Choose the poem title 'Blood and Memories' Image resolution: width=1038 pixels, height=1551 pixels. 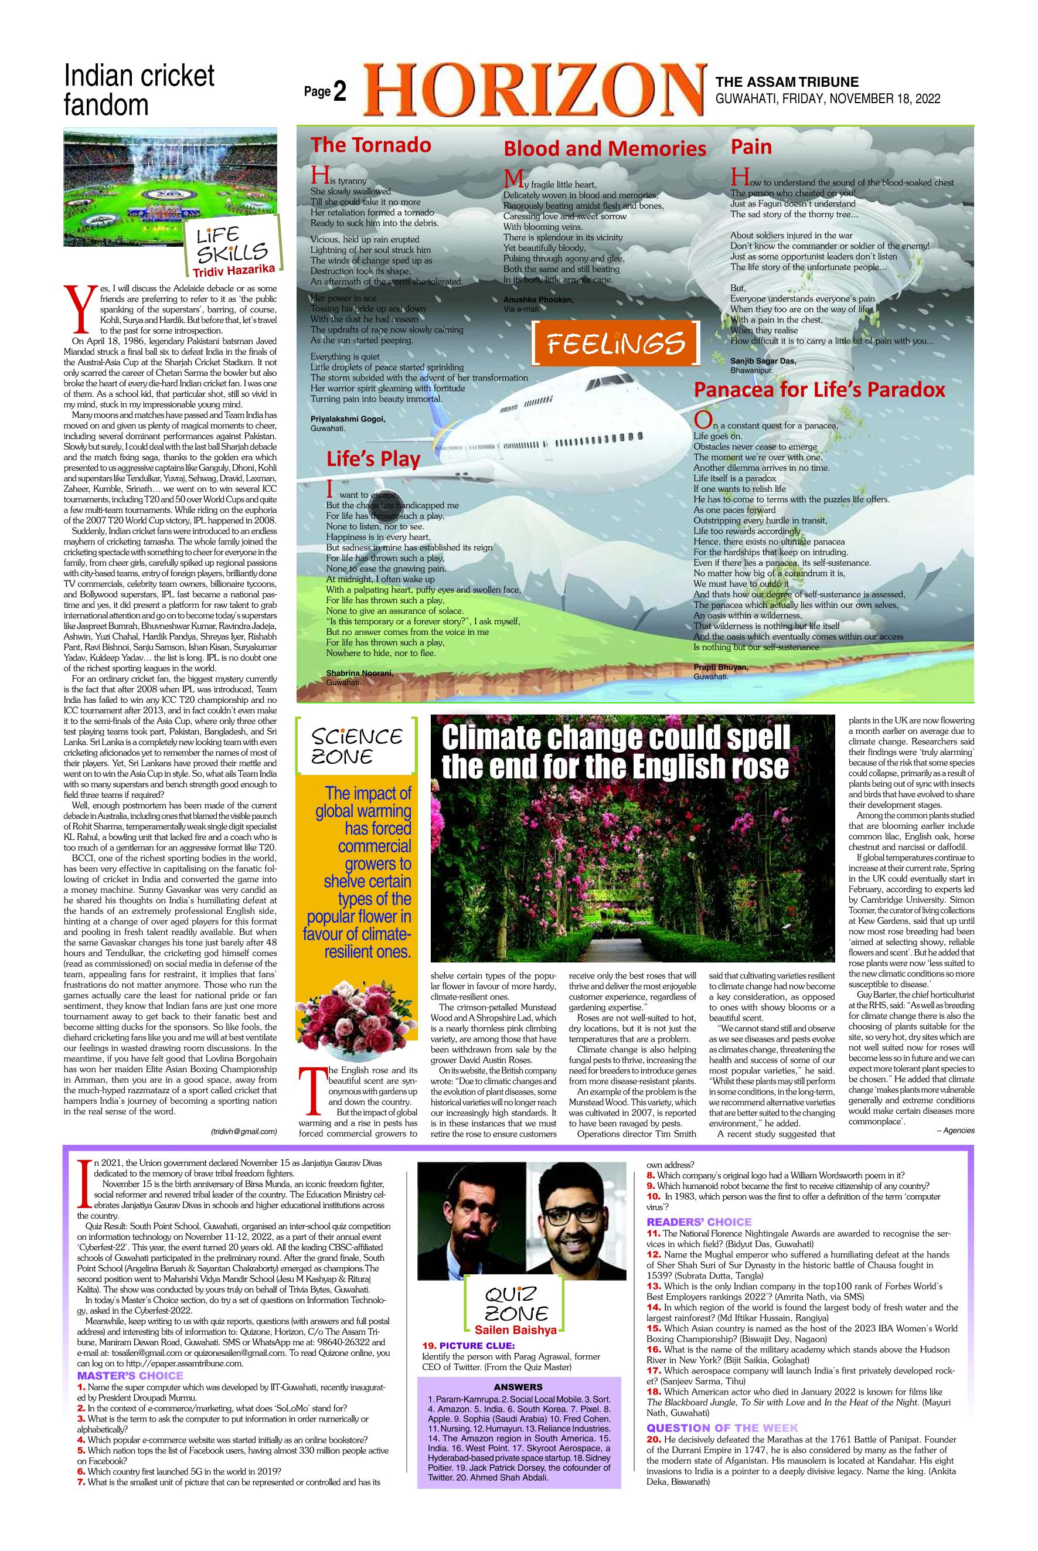coord(604,148)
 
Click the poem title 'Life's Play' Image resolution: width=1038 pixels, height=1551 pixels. coord(373,459)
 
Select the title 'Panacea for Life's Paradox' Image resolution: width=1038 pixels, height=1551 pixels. coord(819,390)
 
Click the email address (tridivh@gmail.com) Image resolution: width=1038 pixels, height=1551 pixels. coord(244,1131)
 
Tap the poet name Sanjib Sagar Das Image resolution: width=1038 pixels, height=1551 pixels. coord(763,360)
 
